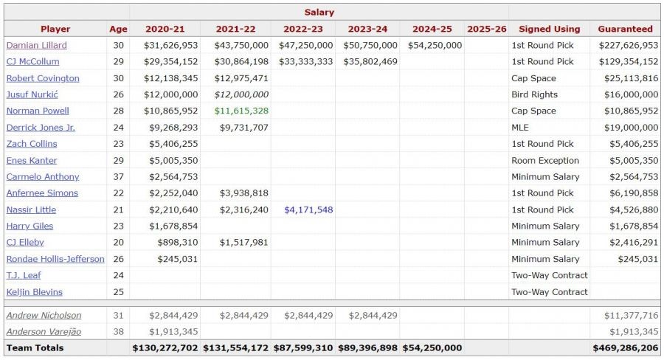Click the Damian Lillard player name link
point(36,45)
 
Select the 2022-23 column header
point(302,29)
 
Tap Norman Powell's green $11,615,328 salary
point(241,111)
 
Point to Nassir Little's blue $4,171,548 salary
point(308,210)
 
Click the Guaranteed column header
point(625,29)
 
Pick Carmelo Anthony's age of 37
point(118,176)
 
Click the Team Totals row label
point(35,347)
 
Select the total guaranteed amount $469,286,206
point(626,347)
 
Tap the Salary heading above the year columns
point(319,12)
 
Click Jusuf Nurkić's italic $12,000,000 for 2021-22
point(241,94)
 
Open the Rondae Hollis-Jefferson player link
point(55,259)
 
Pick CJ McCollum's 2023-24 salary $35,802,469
point(370,61)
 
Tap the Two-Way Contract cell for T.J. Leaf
point(550,275)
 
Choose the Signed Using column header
point(549,29)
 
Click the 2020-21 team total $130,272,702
point(165,347)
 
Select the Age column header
point(118,29)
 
